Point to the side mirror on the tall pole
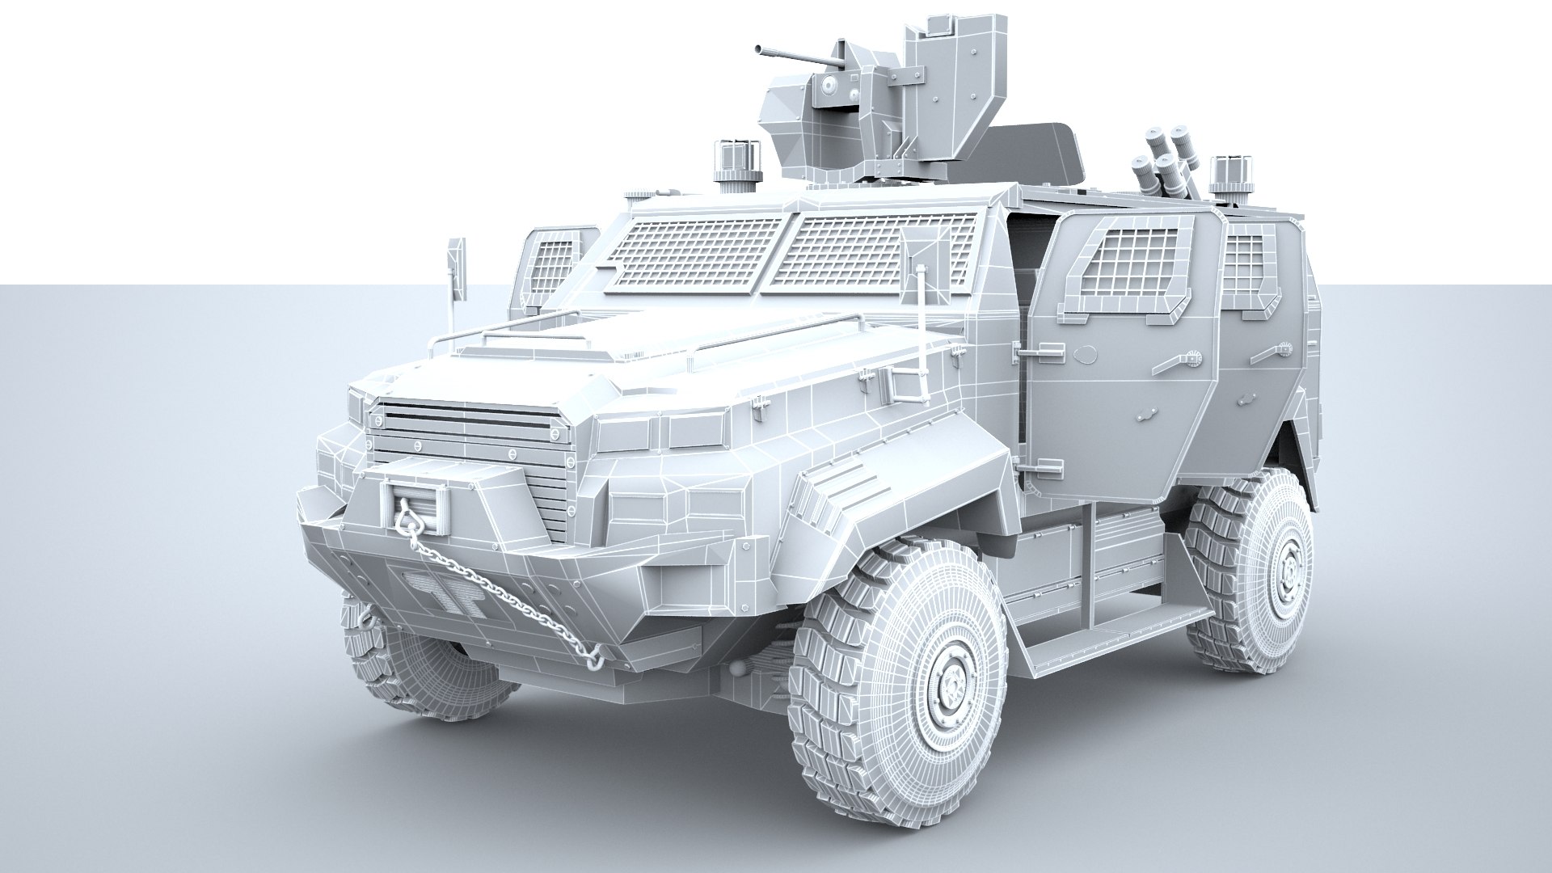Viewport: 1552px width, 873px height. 458,267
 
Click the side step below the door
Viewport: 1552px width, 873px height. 1115,639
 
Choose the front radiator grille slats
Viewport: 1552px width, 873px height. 473,453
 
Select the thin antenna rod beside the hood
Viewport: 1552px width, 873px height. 923,323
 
